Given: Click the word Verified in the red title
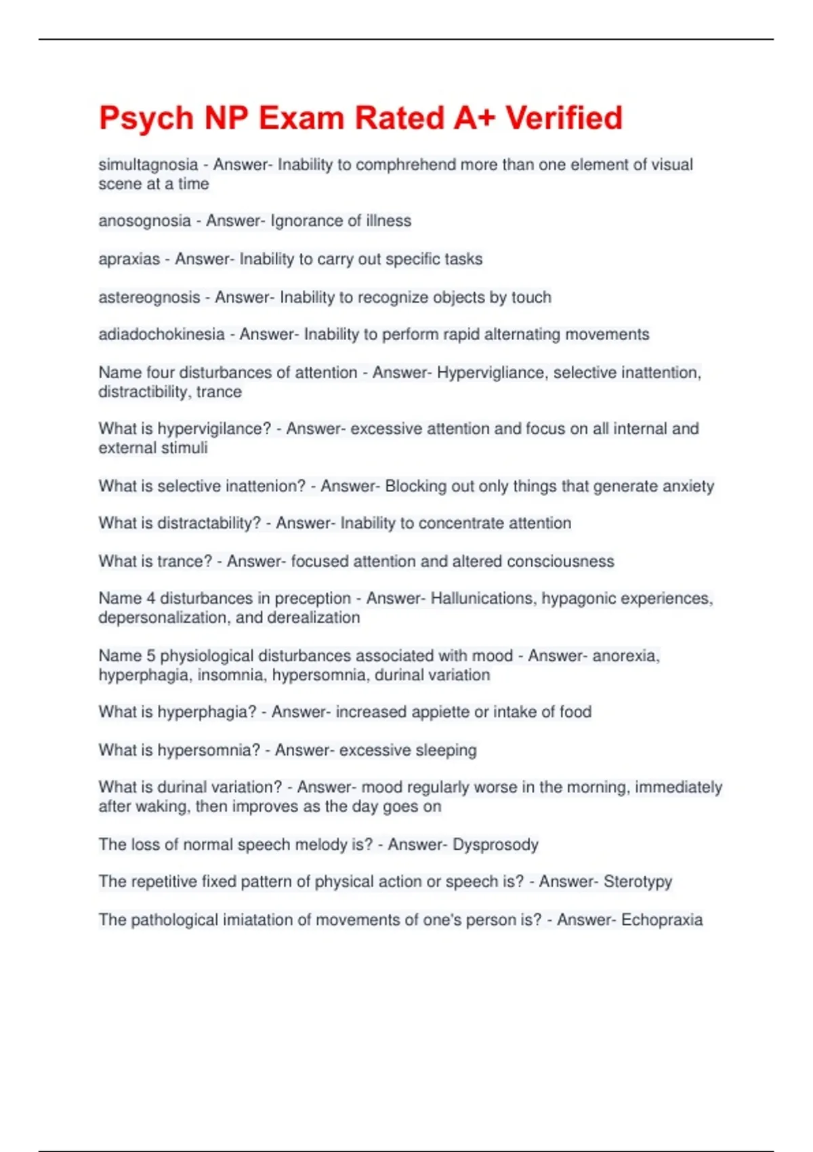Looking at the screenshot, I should point(564,118).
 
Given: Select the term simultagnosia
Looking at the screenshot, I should point(148,165).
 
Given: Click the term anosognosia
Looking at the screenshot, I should point(144,221).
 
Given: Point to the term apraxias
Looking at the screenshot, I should point(129,260).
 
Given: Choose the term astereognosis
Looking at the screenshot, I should point(149,297).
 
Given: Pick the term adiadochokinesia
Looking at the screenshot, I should point(161,334).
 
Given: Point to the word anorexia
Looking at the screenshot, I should point(626,656).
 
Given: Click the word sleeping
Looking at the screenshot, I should point(446,750).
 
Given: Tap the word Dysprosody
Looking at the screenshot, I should point(495,844).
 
